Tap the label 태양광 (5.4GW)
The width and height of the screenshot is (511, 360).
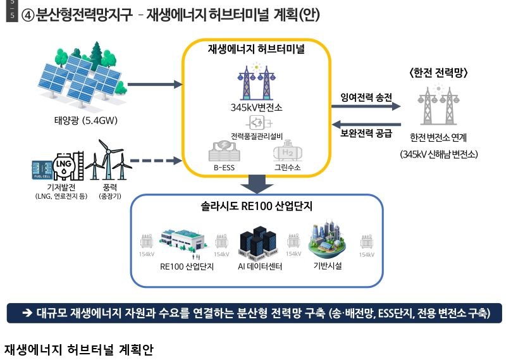[83, 121]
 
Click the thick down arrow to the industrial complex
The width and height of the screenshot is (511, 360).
[257, 183]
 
